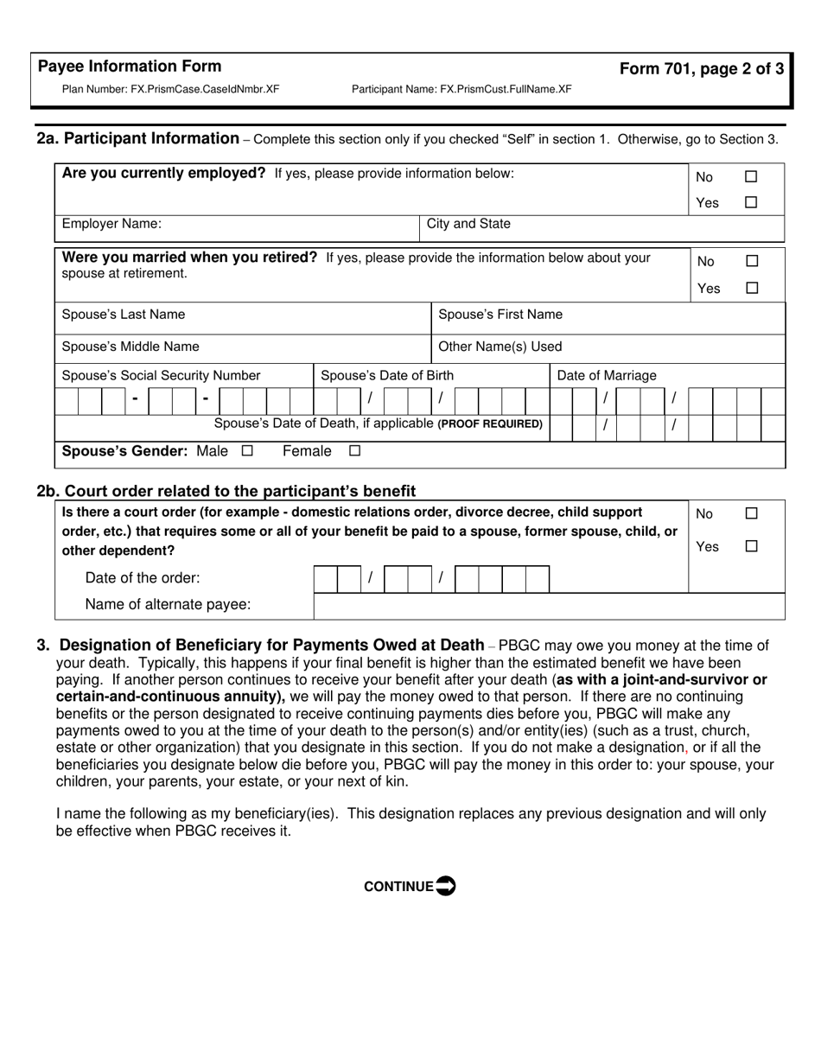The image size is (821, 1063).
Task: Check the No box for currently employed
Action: click(751, 176)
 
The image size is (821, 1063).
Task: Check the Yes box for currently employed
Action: click(751, 202)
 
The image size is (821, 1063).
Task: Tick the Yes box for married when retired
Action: click(752, 288)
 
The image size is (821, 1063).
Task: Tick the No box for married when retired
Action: click(752, 261)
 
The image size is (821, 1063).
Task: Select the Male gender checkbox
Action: click(248, 451)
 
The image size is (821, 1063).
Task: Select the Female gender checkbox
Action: click(354, 451)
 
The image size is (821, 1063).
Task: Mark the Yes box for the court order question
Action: click(752, 546)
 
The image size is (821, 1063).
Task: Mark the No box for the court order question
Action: click(752, 513)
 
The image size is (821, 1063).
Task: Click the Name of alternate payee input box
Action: click(549, 606)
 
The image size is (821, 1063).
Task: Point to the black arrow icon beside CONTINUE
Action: click(445, 886)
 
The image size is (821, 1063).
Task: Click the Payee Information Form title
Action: click(130, 67)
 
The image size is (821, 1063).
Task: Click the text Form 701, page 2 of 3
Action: click(702, 69)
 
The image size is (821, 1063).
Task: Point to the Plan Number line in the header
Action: click(170, 89)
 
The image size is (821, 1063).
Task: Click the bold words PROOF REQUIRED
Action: click(491, 424)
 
